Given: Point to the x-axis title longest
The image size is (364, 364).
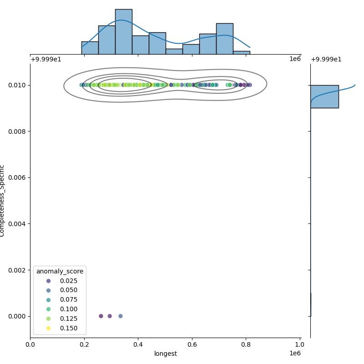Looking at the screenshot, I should [x=165, y=354].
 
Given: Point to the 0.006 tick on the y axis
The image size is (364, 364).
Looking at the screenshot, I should [x=16, y=177].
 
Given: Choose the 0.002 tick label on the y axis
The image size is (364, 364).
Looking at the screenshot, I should [x=16, y=270].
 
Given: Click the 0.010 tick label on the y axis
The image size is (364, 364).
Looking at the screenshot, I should [x=16, y=85].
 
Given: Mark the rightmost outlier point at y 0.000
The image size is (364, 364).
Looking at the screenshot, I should [x=121, y=316].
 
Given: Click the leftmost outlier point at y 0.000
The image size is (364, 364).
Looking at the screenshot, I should [x=101, y=316].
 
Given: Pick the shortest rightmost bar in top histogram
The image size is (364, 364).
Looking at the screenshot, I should [x=241, y=52].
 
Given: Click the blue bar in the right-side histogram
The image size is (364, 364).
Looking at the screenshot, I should [x=324, y=96].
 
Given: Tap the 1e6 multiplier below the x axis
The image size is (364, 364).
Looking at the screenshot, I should [x=295, y=354].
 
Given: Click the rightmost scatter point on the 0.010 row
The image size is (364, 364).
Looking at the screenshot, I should [x=249, y=85].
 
